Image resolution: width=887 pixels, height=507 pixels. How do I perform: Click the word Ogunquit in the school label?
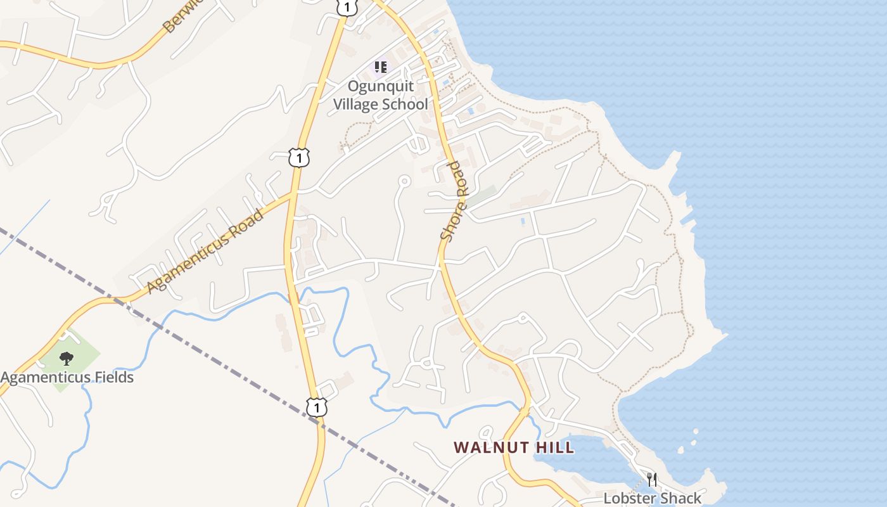[381, 86]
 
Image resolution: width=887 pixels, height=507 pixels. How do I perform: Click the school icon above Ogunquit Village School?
[380, 66]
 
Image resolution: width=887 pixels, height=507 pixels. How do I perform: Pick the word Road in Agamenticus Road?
[248, 221]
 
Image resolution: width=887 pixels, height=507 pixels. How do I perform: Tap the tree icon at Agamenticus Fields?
[67, 359]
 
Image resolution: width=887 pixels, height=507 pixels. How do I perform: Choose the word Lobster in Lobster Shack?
[630, 498]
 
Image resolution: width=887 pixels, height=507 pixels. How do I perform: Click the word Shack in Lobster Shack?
[680, 498]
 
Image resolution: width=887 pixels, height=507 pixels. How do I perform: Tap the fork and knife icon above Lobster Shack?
[652, 480]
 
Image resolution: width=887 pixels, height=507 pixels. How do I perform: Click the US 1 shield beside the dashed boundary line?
[316, 406]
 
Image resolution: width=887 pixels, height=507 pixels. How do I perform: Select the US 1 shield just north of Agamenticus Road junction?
[298, 157]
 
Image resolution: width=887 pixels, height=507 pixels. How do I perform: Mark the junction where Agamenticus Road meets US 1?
[293, 195]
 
